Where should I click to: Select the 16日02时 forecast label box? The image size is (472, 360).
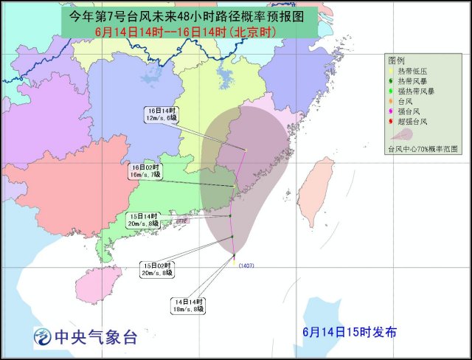point(144,171)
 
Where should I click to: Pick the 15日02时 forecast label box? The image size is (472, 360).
point(158,269)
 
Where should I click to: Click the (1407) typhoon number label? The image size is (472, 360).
point(246,266)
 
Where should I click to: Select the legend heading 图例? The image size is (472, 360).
point(397,60)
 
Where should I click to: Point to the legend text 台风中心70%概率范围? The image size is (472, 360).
point(423,148)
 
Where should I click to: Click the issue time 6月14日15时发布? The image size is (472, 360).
point(349,333)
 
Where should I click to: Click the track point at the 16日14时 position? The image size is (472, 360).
point(244,150)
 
